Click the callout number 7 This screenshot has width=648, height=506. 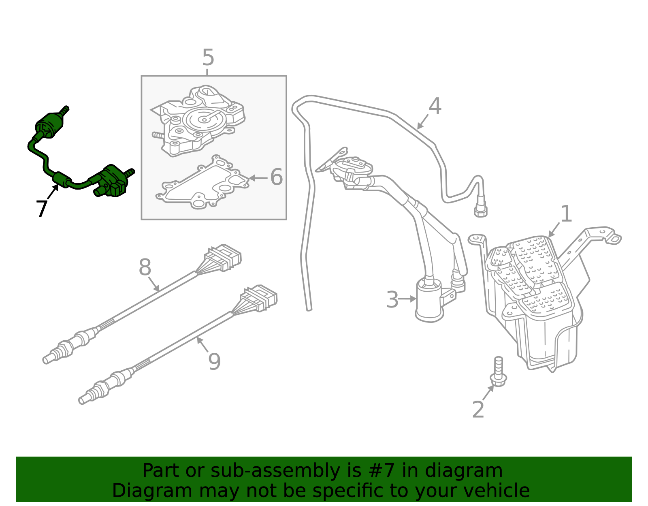[41, 209]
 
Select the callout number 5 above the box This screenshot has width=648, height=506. [208, 58]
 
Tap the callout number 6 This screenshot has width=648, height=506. [276, 177]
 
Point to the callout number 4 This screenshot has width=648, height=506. [435, 107]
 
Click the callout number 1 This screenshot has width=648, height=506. [566, 214]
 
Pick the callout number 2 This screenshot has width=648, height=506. [478, 410]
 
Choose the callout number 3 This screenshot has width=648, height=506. [392, 300]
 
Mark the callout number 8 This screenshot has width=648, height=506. [145, 268]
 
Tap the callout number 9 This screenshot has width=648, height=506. [214, 362]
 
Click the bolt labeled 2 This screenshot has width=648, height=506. [498, 373]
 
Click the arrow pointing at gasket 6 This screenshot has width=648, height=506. [258, 178]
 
